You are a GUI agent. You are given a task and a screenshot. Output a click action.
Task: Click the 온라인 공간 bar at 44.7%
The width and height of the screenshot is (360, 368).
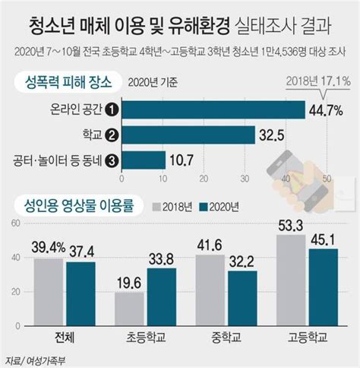point(213,109)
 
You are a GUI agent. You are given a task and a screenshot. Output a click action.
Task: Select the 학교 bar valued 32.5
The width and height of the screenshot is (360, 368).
point(188,135)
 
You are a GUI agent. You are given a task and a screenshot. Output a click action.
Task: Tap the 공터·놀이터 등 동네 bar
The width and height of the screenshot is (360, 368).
point(143,160)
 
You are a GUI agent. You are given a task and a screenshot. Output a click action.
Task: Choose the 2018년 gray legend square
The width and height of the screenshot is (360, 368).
point(158,205)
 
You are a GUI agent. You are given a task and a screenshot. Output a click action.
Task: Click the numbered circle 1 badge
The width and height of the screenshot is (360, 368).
point(111,109)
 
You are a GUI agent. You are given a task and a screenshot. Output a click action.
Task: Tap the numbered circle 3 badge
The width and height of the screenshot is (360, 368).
point(111,160)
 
